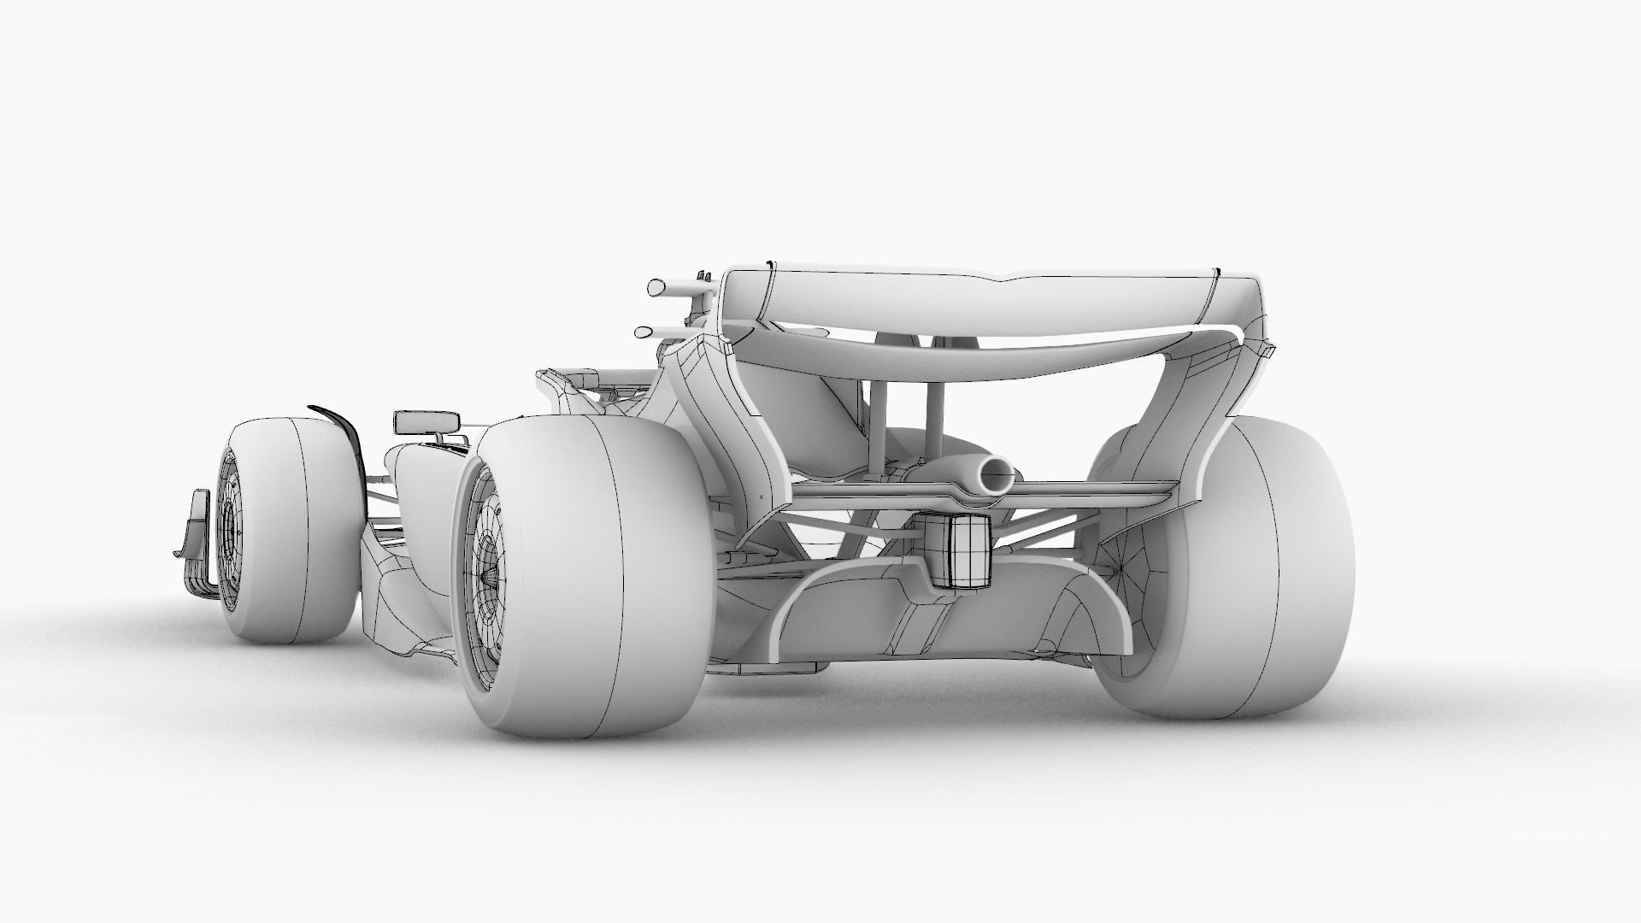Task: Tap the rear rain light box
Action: pyautogui.click(x=959, y=554)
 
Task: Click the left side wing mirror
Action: pyautogui.click(x=426, y=422)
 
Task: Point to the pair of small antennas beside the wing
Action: pyautogui.click(x=704, y=275)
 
